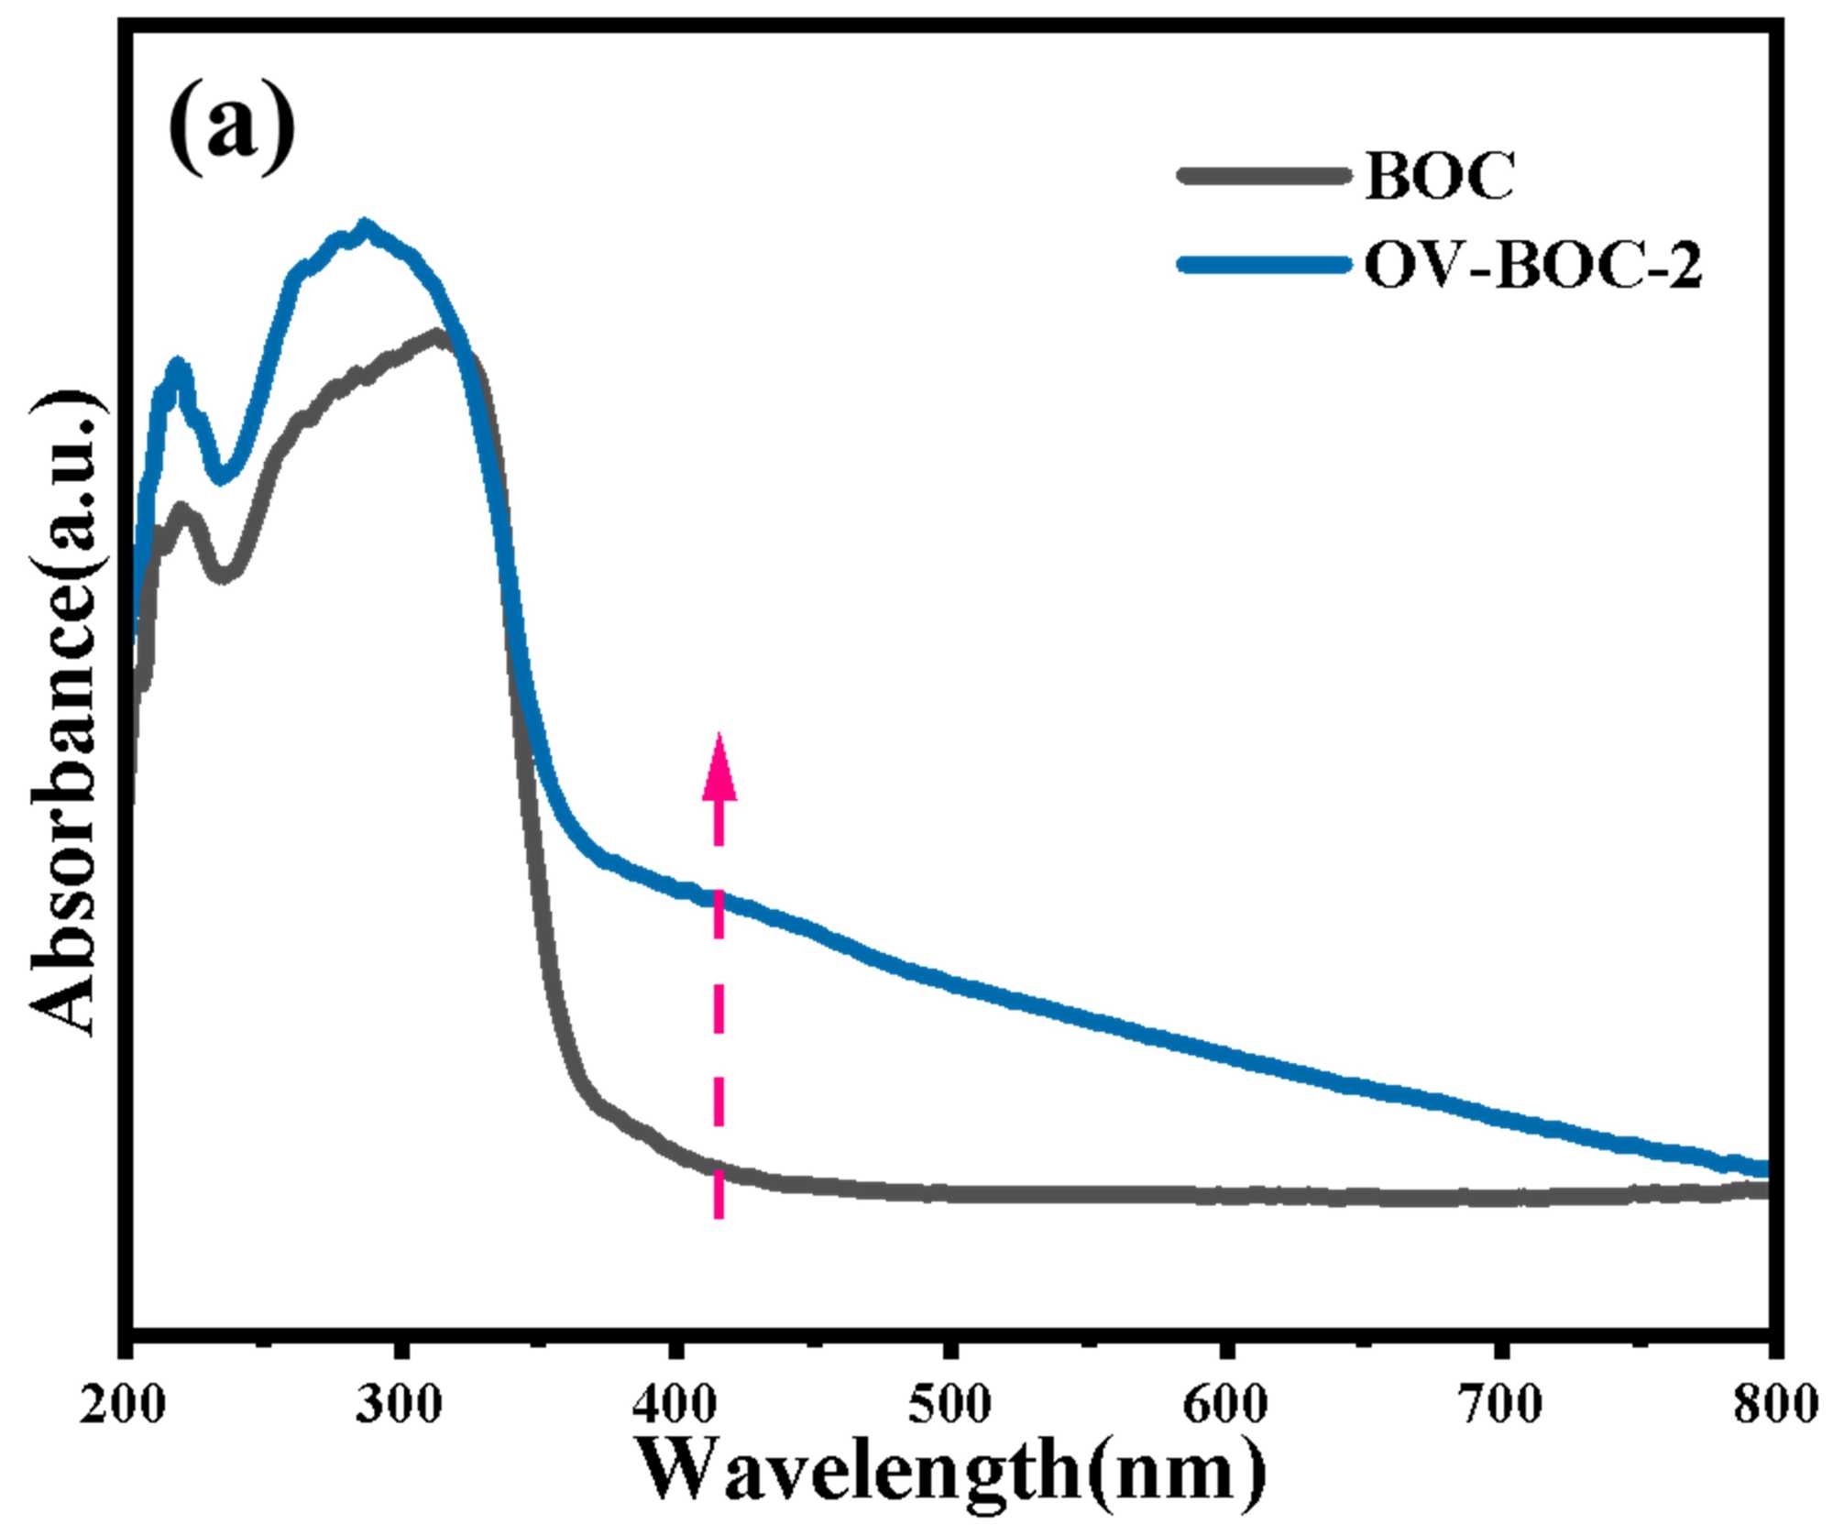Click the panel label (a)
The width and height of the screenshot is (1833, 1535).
click(x=232, y=126)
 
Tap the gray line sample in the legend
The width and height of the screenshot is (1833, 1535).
click(x=1265, y=174)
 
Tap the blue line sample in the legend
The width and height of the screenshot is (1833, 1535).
click(x=1265, y=265)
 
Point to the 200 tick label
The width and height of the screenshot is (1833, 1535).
click(x=121, y=1404)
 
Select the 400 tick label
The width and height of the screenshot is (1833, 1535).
click(x=675, y=1404)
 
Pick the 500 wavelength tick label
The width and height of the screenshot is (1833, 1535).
click(x=949, y=1404)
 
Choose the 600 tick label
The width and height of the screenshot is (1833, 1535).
click(x=1224, y=1404)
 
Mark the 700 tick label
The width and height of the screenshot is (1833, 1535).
click(x=1500, y=1404)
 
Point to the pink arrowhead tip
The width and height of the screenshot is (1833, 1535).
click(x=719, y=736)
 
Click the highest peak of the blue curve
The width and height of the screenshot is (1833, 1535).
click(x=367, y=225)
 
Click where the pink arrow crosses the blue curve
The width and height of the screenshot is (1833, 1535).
click(x=719, y=898)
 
